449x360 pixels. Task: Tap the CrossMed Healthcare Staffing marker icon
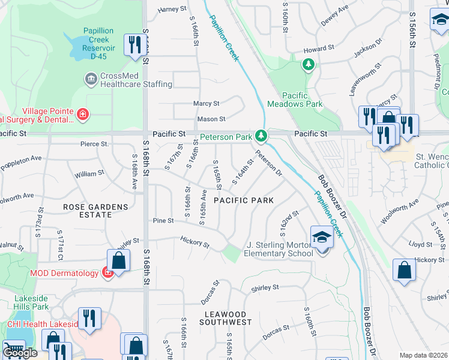click(x=91, y=79)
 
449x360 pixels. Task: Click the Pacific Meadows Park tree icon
click(x=309, y=64)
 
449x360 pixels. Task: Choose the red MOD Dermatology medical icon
click(x=107, y=274)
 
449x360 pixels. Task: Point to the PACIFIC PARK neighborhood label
click(x=244, y=200)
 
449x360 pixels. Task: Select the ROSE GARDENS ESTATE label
click(x=95, y=211)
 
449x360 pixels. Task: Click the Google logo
click(x=20, y=353)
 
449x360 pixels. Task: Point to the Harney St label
click(x=169, y=10)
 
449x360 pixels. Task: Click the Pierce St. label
click(x=94, y=144)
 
